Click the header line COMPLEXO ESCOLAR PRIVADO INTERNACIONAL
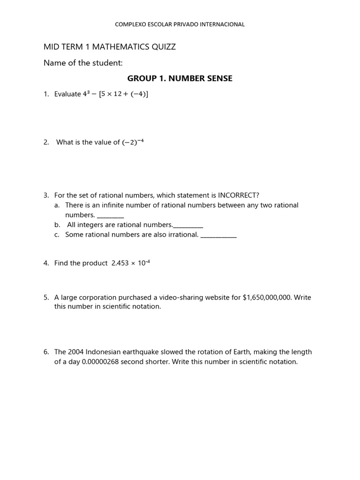tap(180, 24)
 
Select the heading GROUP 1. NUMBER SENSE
tap(180, 78)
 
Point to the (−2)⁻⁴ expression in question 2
tap(133, 142)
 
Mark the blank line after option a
tap(111, 216)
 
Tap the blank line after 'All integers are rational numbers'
tap(188, 225)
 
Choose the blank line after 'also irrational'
tap(218, 235)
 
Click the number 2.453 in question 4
tap(120, 263)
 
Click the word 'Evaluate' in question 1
tap(67, 94)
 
